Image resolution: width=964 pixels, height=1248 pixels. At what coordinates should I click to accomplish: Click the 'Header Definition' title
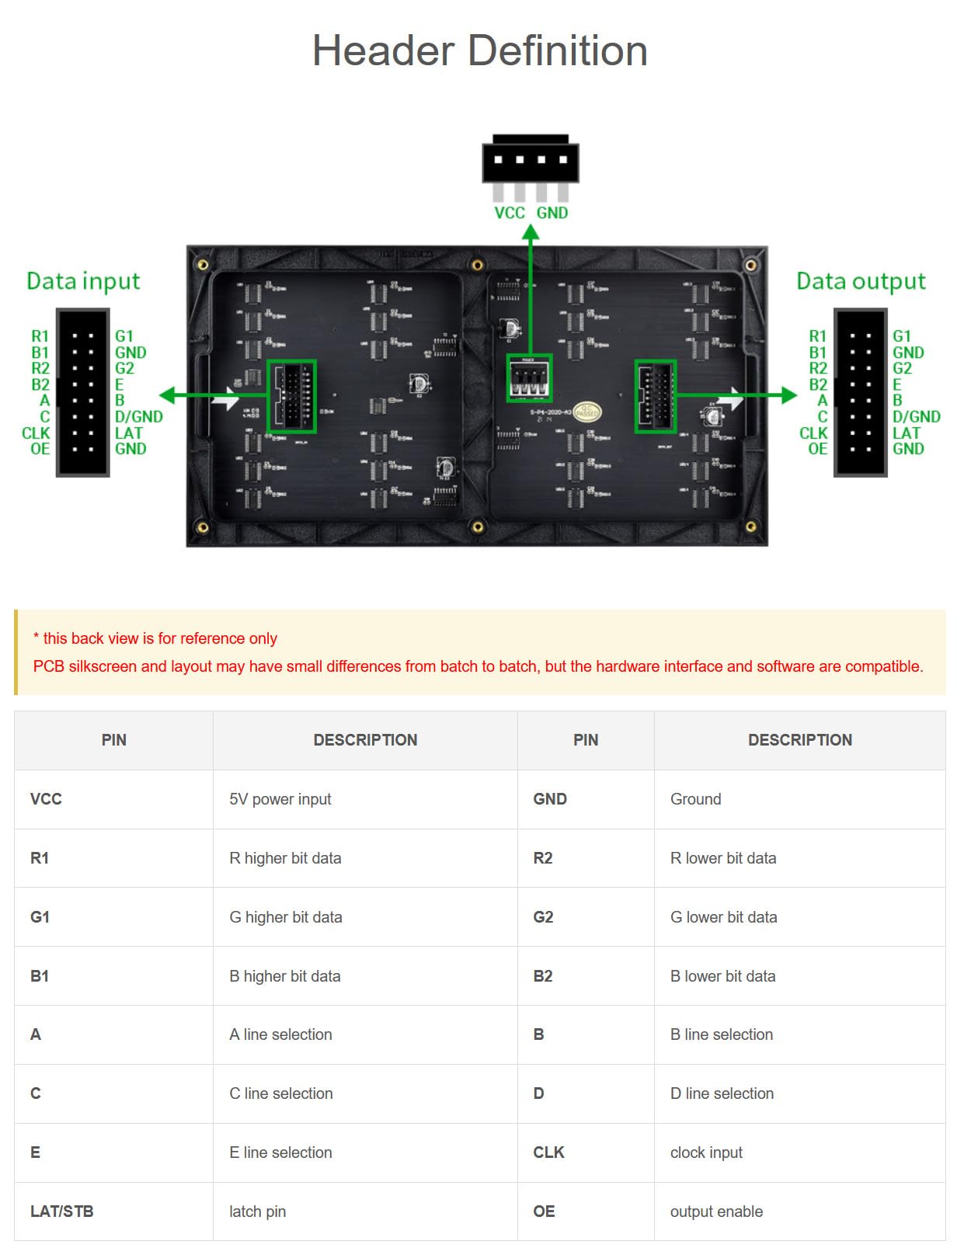click(x=479, y=51)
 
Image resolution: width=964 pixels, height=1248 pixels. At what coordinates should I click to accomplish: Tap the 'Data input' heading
click(x=83, y=281)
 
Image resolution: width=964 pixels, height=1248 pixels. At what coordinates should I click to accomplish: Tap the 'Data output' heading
click(x=861, y=281)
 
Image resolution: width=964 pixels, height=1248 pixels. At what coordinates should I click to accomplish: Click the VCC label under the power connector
click(x=510, y=213)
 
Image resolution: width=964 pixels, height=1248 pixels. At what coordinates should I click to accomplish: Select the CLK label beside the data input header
click(x=36, y=433)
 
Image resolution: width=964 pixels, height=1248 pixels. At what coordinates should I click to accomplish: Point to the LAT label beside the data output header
click(x=907, y=433)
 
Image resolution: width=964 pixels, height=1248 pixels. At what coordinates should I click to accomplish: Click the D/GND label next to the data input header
click(x=139, y=417)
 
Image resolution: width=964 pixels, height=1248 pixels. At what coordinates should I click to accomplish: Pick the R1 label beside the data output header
click(x=817, y=336)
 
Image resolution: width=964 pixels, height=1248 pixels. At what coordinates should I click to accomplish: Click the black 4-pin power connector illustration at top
click(x=531, y=161)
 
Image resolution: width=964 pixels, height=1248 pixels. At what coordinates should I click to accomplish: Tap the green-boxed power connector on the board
click(x=530, y=378)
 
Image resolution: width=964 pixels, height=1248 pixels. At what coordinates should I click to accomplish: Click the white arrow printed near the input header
click(x=226, y=399)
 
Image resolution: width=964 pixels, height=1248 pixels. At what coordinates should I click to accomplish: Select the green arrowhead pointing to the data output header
click(x=788, y=395)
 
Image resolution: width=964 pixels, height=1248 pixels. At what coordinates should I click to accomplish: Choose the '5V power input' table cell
click(x=280, y=799)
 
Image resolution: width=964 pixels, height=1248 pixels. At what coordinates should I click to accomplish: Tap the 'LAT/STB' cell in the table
click(x=62, y=1211)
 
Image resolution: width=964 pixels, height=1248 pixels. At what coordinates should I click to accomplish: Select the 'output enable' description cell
click(x=716, y=1211)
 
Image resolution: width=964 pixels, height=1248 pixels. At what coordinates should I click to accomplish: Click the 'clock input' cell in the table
click(x=706, y=1152)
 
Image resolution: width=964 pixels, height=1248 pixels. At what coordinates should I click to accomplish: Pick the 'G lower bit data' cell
click(x=723, y=917)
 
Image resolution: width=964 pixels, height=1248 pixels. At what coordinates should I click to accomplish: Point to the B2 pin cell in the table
click(x=543, y=976)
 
